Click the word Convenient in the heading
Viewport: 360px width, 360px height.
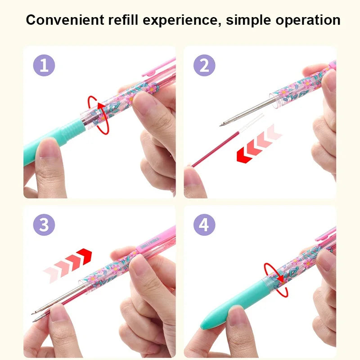tap(65, 20)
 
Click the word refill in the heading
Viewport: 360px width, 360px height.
tap(123, 20)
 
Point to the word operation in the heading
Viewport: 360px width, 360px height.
tap(308, 20)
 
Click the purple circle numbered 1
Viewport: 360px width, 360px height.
tap(44, 65)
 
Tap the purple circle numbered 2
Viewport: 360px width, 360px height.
tap(204, 65)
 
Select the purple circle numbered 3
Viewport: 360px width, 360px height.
tap(44, 225)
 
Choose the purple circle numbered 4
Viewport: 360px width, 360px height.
tap(204, 225)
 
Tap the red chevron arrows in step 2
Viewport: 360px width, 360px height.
tap(259, 144)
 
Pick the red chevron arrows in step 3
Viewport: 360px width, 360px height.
tap(67, 265)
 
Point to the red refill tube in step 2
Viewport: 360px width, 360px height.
tap(216, 149)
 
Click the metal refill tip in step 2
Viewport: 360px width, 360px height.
tap(221, 125)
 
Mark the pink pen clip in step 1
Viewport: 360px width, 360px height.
tap(159, 67)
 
